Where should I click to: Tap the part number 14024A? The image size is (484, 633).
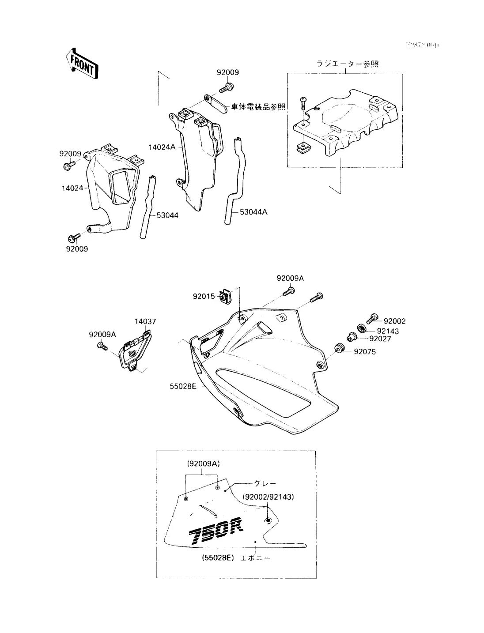[162, 147]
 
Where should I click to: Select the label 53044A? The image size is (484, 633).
[253, 212]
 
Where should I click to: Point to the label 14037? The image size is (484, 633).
[146, 322]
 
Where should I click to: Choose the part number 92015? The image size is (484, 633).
[204, 297]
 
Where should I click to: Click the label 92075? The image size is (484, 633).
[365, 352]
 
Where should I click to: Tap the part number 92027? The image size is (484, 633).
[381, 339]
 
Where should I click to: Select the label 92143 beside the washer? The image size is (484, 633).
[388, 331]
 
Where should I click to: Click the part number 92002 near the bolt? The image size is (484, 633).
[394, 321]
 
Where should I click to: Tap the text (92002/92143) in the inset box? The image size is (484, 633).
[268, 497]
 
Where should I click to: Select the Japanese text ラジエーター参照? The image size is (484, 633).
[348, 64]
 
